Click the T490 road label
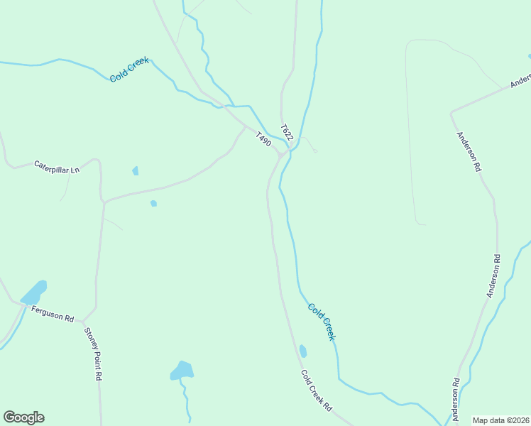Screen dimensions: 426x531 tap(263, 140)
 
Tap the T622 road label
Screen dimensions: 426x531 tap(286, 132)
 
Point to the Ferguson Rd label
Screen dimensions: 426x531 tap(53, 314)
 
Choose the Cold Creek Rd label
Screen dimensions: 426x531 tap(316, 390)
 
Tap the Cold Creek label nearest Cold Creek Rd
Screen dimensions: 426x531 tap(321, 321)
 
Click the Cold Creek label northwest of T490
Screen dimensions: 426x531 tap(129, 70)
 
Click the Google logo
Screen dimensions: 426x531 tap(23, 417)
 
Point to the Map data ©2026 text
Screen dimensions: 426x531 tap(500, 420)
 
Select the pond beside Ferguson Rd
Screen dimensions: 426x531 tap(34, 292)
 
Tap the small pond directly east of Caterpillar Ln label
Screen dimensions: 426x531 tap(135, 170)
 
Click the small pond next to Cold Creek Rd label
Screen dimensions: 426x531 tap(303, 351)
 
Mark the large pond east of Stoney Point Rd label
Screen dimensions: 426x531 tap(182, 370)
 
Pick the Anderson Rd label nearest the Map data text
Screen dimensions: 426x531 tap(455, 400)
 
